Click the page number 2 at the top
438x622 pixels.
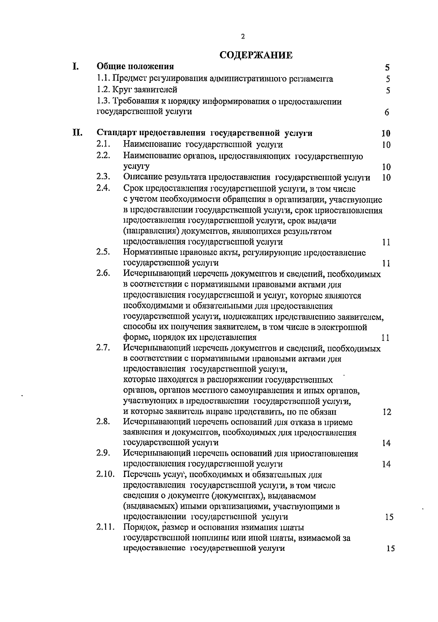pyautogui.click(x=243, y=37)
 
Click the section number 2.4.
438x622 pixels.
pyautogui.click(x=103, y=188)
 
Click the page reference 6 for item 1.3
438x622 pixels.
pyautogui.click(x=387, y=112)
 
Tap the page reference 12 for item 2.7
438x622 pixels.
pyautogui.click(x=387, y=412)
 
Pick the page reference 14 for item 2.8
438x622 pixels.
pyautogui.click(x=386, y=443)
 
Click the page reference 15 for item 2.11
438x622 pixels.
pyautogui.click(x=390, y=549)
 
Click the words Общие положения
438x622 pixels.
pyautogui.click(x=135, y=66)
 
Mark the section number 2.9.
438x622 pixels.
pyautogui.click(x=103, y=453)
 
